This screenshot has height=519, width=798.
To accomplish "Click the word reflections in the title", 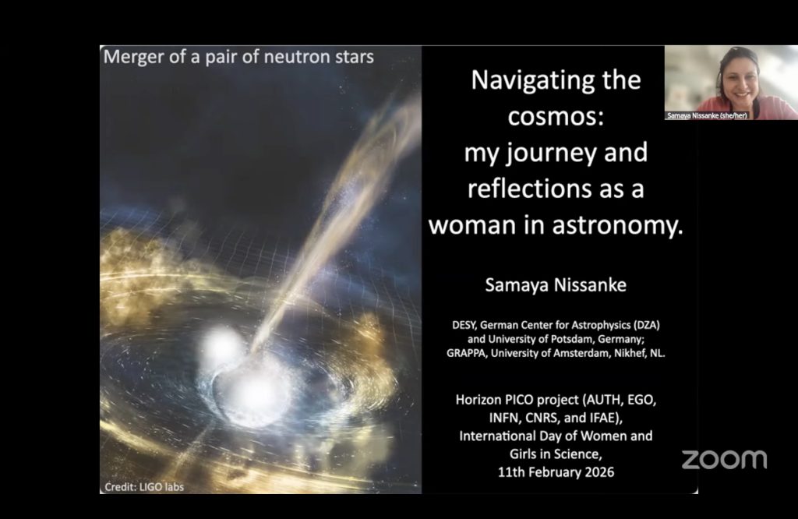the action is [x=527, y=189].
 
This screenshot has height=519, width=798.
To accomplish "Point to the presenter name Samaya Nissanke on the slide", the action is [x=555, y=285].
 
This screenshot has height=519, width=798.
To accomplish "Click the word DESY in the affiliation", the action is [x=463, y=325].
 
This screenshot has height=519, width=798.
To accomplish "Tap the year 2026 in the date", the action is [x=599, y=472].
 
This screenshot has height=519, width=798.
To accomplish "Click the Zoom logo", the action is [x=724, y=460].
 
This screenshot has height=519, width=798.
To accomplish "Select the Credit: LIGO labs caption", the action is [x=144, y=487].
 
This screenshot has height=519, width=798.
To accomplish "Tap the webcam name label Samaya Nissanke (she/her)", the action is [x=707, y=116].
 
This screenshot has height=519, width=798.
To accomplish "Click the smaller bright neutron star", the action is [x=222, y=347].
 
